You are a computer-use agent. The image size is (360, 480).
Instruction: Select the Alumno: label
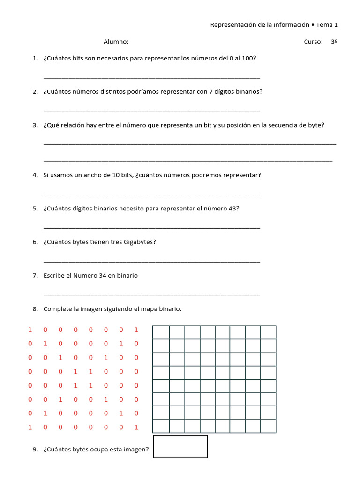[116, 42]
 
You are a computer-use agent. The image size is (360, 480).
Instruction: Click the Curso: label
[313, 42]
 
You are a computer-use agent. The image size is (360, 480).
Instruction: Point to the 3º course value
[334, 42]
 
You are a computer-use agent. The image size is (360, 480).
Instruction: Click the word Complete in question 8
[58, 309]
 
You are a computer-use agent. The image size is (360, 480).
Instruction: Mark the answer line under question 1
[151, 77]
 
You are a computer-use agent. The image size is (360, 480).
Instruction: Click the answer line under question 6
[151, 261]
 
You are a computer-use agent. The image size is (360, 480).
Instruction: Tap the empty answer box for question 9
[180, 446]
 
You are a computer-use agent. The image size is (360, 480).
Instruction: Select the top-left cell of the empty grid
[161, 332]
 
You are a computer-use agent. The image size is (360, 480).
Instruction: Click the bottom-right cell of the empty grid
[268, 426]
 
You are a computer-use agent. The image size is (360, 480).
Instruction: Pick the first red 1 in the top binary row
[30, 330]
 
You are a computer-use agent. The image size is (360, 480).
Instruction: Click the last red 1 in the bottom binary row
[136, 427]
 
